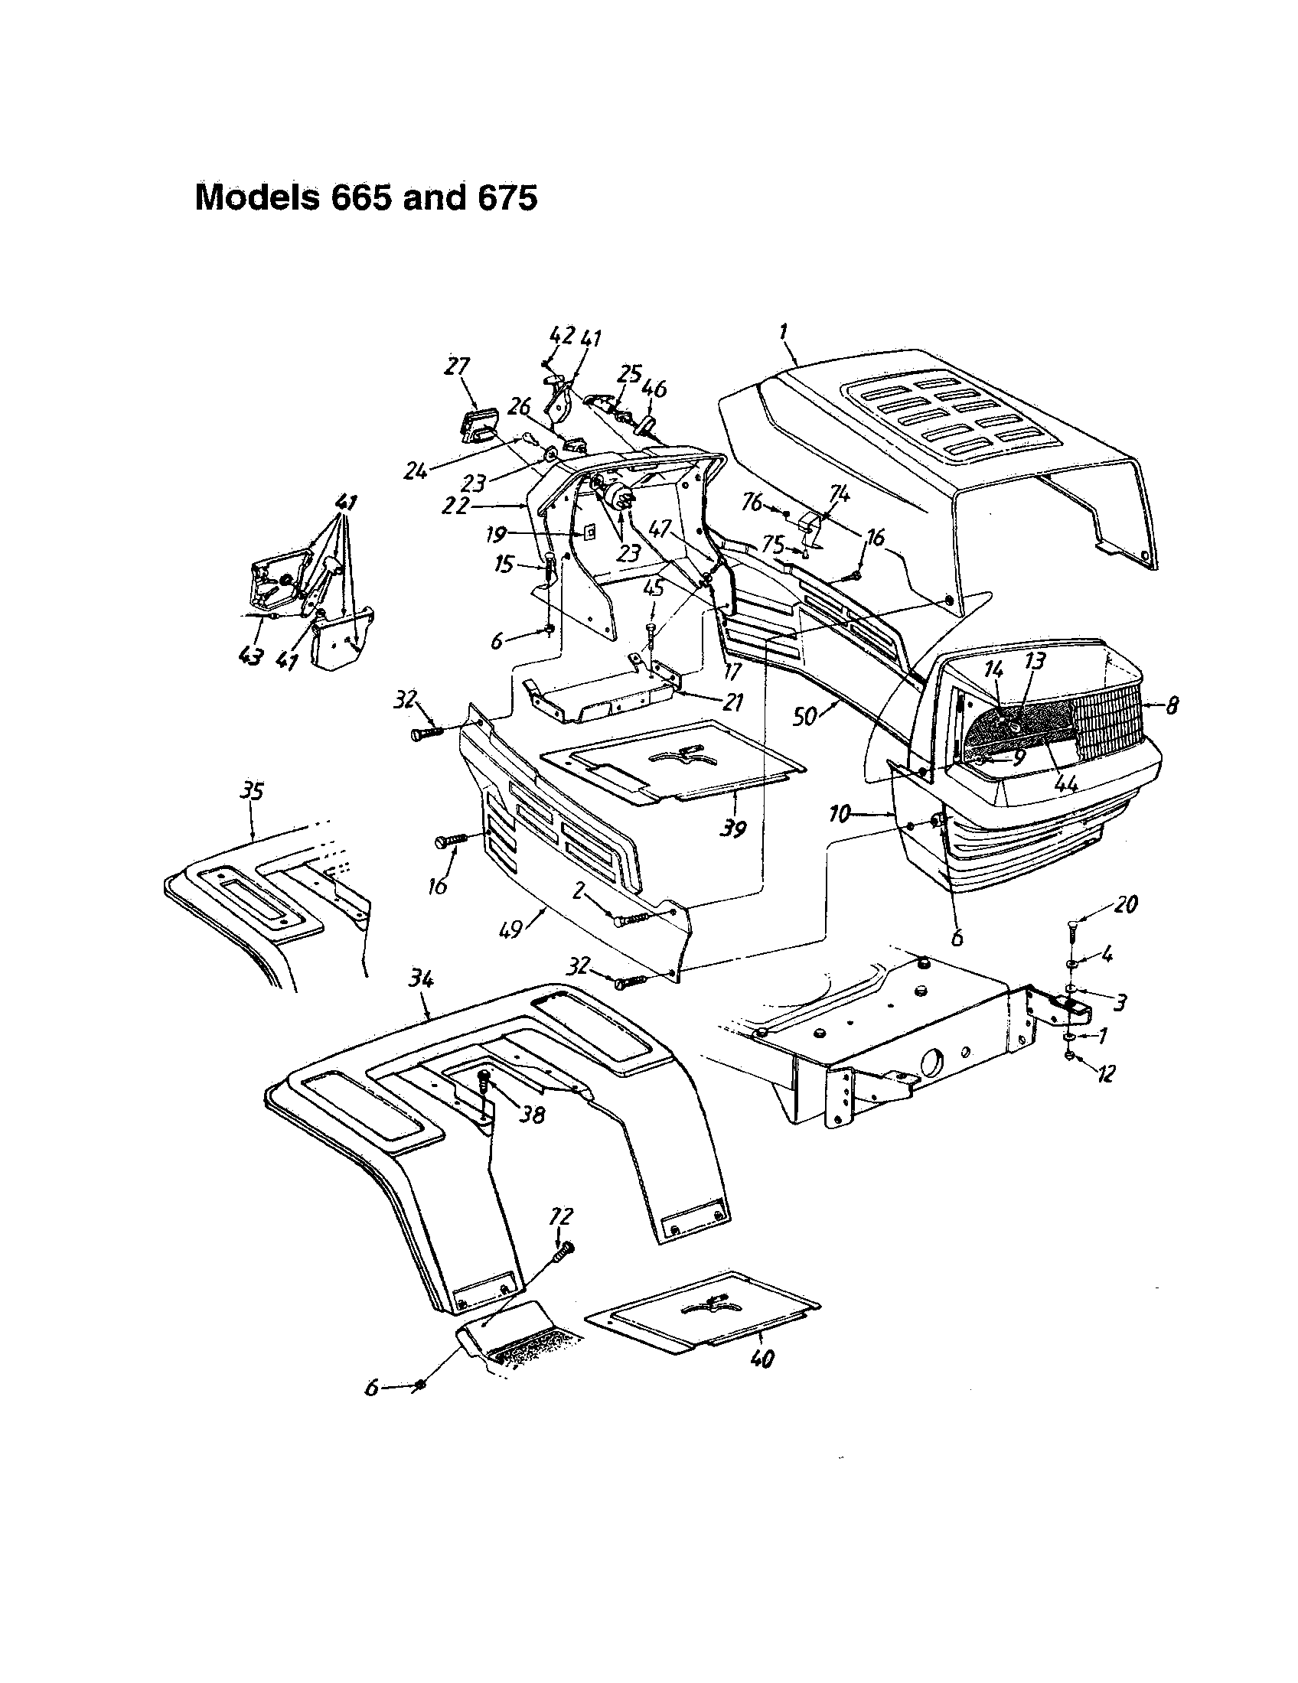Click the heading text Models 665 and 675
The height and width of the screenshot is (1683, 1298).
click(x=366, y=198)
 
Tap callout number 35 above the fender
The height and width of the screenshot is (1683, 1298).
click(x=253, y=792)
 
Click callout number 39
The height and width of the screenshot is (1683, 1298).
click(x=732, y=829)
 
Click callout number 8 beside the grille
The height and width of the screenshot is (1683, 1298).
click(x=1171, y=705)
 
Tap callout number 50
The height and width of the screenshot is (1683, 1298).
click(x=806, y=718)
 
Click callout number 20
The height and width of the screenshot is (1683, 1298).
click(x=1126, y=903)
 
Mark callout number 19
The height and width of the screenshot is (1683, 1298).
click(x=497, y=533)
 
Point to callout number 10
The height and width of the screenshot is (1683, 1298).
click(x=840, y=814)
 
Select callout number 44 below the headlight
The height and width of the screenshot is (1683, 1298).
click(x=1066, y=783)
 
